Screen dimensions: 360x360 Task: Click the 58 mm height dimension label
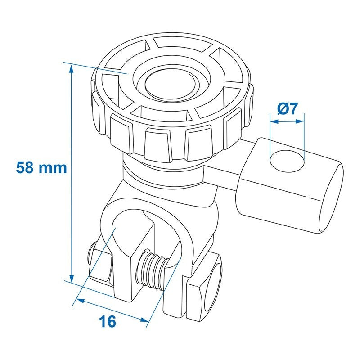41,168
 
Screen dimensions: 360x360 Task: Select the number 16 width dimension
107,321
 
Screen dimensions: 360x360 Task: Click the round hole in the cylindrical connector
287,161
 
